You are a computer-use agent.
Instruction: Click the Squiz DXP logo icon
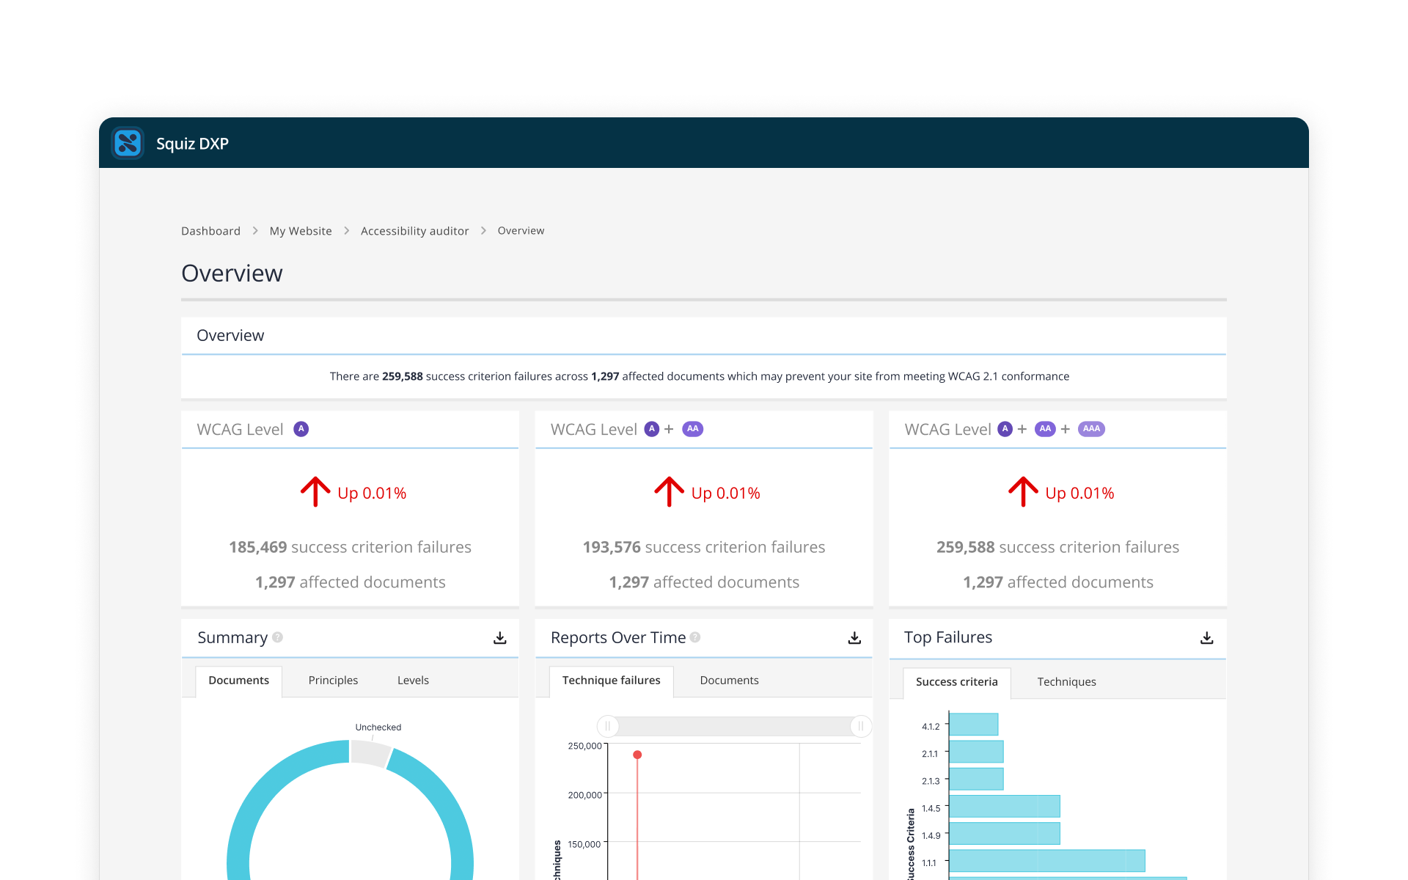(128, 143)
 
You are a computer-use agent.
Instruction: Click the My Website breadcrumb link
(301, 231)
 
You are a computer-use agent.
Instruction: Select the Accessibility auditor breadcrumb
(414, 231)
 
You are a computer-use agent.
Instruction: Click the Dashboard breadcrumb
(210, 231)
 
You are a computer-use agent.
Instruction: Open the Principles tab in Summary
(333, 681)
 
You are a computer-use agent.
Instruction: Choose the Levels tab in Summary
(413, 681)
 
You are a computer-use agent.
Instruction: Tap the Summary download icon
(500, 638)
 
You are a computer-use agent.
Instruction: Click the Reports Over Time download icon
(854, 638)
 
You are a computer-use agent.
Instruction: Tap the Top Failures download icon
(1207, 638)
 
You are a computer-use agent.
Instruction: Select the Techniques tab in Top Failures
(1066, 682)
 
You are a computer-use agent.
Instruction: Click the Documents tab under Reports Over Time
(729, 681)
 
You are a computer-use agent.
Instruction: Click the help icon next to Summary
(277, 637)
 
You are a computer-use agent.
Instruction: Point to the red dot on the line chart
(637, 755)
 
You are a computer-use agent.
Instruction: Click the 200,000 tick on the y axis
(584, 795)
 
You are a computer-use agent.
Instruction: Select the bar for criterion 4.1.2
(974, 725)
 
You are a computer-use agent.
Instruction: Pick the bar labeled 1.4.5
(1005, 807)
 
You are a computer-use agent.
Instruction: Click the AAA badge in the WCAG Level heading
(1091, 429)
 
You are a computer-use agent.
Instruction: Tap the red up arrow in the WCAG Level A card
(315, 491)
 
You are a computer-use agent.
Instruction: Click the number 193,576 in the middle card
(612, 547)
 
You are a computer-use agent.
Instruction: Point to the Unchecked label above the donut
(378, 727)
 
